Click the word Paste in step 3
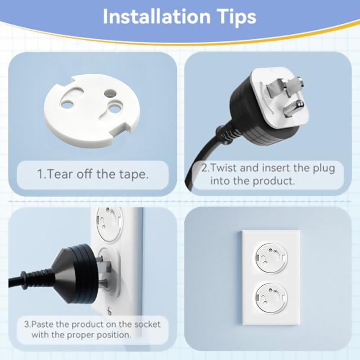pos(45,324)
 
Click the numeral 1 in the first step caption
pos(40,174)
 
